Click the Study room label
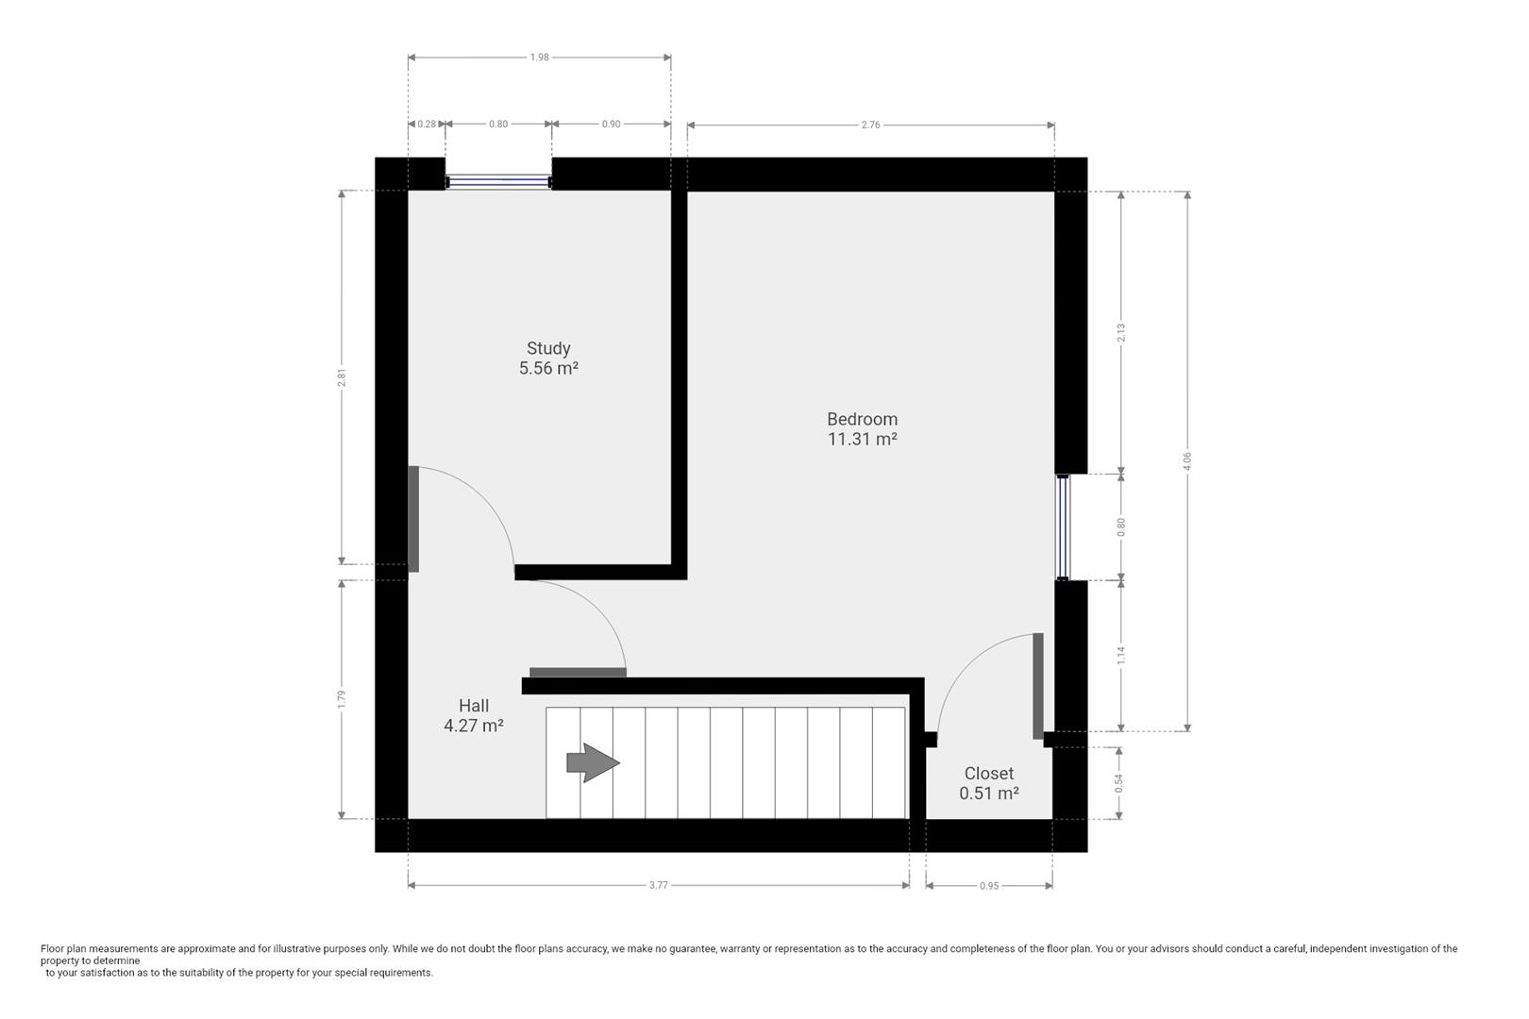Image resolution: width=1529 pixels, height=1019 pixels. (x=548, y=349)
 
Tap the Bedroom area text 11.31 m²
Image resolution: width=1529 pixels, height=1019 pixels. (x=862, y=439)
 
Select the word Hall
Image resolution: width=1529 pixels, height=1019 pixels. (x=474, y=706)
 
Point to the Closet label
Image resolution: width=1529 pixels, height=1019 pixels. (x=988, y=774)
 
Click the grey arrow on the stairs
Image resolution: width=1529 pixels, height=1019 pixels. (x=593, y=762)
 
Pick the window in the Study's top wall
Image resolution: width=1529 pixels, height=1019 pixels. (x=498, y=181)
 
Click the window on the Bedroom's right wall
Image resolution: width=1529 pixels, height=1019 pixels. (x=1063, y=526)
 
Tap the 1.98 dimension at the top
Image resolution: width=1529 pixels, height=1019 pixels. (x=539, y=58)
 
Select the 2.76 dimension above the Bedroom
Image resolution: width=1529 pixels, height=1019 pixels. (x=870, y=125)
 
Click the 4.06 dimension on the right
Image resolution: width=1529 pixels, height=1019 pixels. (x=1187, y=461)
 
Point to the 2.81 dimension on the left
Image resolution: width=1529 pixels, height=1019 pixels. (x=342, y=377)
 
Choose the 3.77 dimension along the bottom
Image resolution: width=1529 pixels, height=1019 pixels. (x=658, y=885)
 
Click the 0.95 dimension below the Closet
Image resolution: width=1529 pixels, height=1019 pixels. (x=989, y=886)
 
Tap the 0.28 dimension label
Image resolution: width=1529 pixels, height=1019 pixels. (x=427, y=125)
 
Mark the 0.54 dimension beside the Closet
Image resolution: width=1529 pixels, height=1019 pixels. (x=1118, y=783)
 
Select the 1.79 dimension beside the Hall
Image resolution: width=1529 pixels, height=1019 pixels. (x=342, y=699)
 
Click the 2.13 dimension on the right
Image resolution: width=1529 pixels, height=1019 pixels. (x=1121, y=333)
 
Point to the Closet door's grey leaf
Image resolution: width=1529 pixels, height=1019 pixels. (x=1038, y=686)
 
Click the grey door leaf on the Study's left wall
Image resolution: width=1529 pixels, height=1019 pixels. (x=413, y=519)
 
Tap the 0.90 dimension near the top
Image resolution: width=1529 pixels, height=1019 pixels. (x=611, y=125)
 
